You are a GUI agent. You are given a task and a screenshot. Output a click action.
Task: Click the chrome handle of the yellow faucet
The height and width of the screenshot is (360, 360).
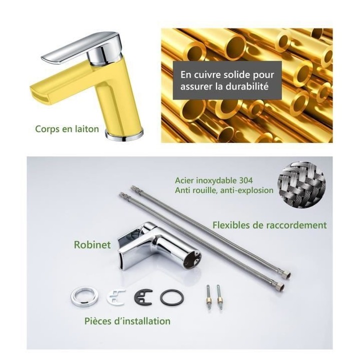(x=82, y=48)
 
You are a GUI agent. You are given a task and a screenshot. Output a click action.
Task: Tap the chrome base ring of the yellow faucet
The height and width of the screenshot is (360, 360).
(x=124, y=135)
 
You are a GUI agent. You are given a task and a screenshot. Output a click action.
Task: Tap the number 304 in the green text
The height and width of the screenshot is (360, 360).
(x=246, y=180)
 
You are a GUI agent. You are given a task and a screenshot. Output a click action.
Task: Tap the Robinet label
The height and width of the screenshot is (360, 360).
(x=92, y=245)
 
